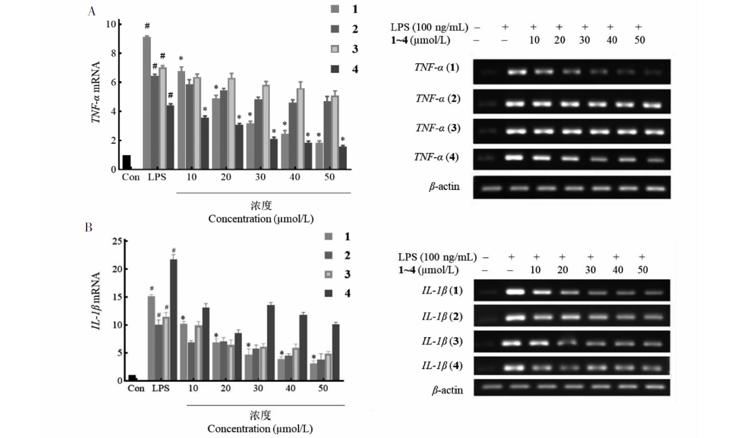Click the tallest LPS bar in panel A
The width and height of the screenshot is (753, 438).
(146, 102)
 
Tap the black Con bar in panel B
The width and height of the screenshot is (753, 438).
(132, 378)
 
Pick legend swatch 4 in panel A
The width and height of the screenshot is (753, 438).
(335, 69)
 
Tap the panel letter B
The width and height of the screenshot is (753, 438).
(89, 228)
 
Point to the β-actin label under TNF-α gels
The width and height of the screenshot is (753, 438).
(444, 187)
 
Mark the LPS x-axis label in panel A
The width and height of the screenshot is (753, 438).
(157, 177)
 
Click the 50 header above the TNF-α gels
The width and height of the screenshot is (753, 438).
(639, 40)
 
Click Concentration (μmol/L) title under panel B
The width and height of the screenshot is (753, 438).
(260, 428)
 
